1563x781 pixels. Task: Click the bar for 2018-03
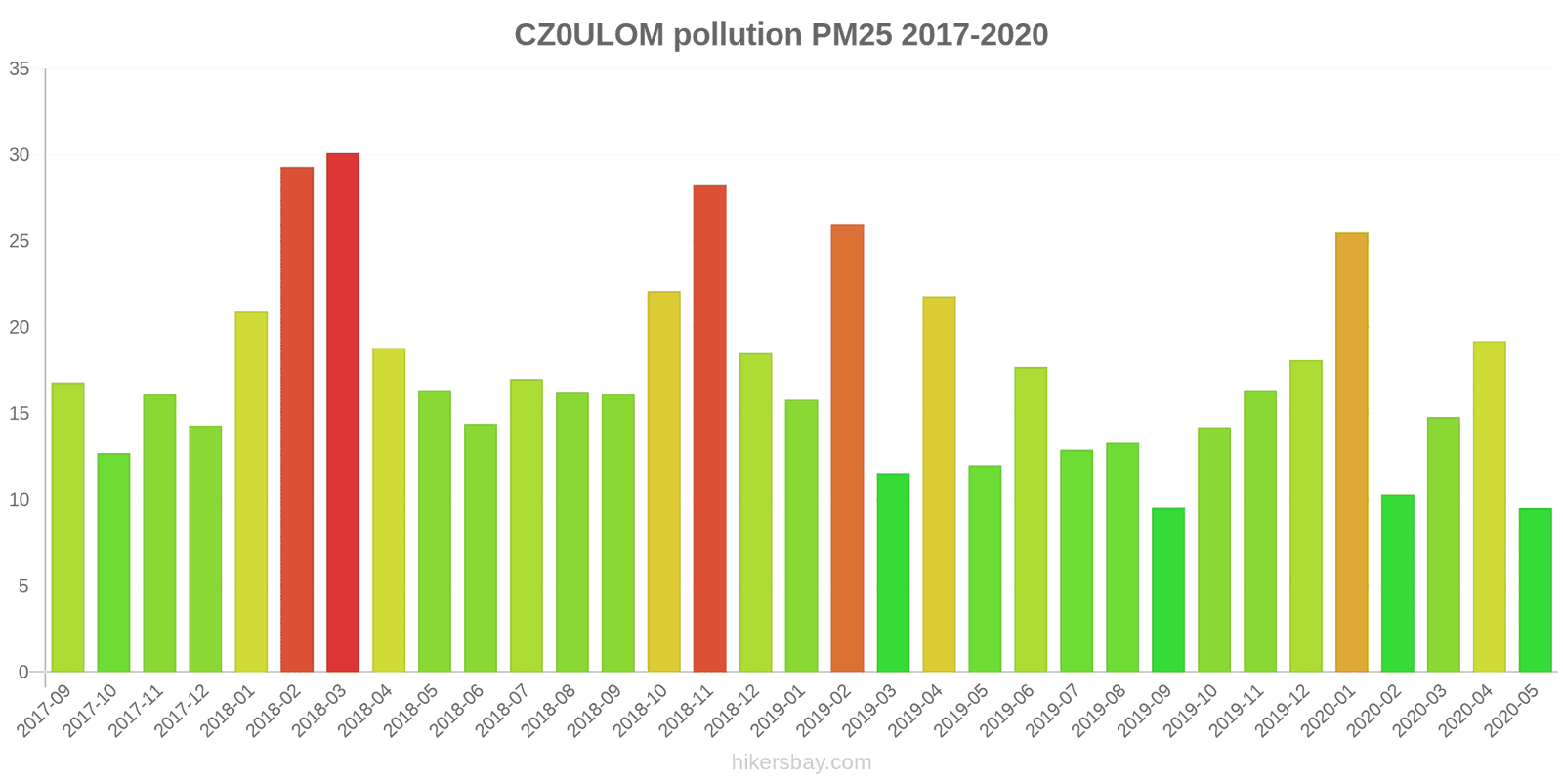coord(343,412)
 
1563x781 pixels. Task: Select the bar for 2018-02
coord(297,419)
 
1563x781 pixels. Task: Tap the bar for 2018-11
coord(709,428)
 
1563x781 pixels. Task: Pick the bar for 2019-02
coord(847,447)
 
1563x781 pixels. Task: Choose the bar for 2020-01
coord(1351,452)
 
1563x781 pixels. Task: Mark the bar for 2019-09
coord(1168,590)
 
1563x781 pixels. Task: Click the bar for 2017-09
coord(67,527)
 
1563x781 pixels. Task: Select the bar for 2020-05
coord(1535,590)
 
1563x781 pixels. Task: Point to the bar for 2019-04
coord(939,484)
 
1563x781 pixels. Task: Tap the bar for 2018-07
coord(526,525)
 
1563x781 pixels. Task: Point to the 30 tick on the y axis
coord(20,155)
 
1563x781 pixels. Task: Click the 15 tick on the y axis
coord(20,414)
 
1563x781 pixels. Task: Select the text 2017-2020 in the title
coord(974,35)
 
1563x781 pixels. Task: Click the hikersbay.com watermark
coord(801,762)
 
